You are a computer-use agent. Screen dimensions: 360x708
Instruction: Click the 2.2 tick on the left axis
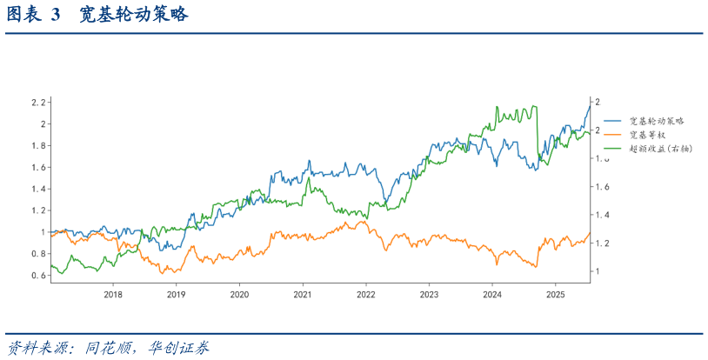(37, 103)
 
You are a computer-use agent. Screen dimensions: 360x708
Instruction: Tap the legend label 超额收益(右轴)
(660, 149)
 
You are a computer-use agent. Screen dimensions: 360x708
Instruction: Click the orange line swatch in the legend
(613, 135)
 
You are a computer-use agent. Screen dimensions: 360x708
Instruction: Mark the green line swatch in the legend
(613, 149)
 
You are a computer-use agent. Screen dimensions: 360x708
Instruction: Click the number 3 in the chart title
(57, 16)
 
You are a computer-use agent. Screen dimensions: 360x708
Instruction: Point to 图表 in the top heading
(24, 16)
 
